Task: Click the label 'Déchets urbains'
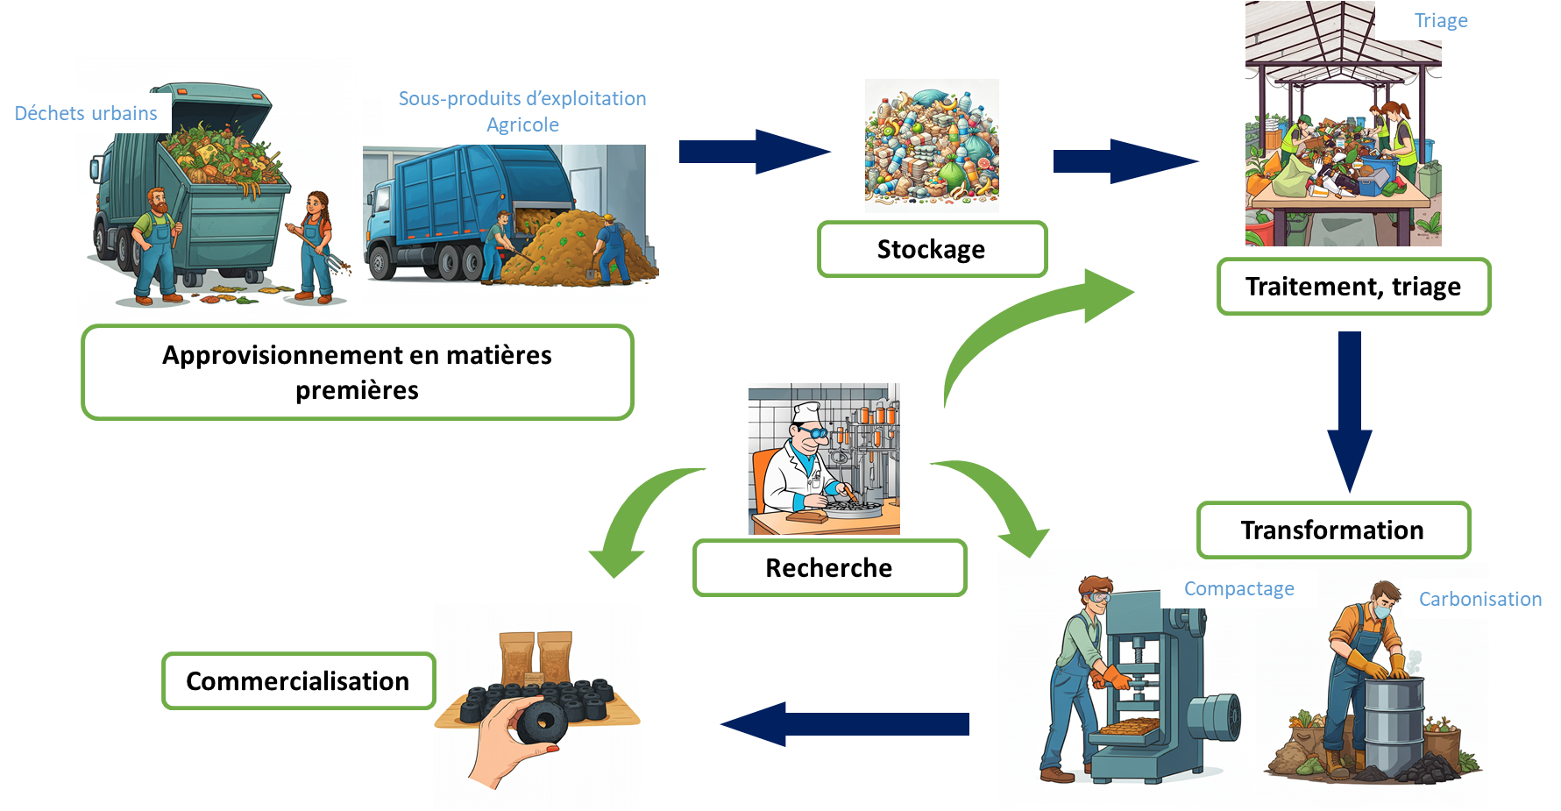coord(86,114)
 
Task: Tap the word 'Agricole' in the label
coord(522,125)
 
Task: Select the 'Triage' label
coord(1441,21)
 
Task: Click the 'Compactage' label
coord(1238,589)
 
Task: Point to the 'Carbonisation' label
coord(1479,600)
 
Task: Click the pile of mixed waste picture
coord(932,146)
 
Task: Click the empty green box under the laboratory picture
coord(829,568)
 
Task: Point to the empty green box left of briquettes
coord(298,680)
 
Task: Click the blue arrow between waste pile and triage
coord(1125,161)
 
